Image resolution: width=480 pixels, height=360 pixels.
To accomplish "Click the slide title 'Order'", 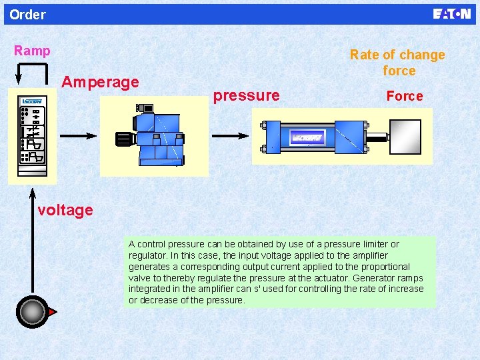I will point(28,15).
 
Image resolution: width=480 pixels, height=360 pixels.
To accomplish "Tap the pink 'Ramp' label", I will point(32,51).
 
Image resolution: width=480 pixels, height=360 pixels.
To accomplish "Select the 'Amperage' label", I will point(100,82).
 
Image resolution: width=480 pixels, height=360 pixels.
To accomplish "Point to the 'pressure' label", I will point(246,95).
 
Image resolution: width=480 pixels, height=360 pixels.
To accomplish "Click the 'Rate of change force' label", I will point(397,63).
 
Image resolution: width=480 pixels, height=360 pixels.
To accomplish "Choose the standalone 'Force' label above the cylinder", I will point(405,96).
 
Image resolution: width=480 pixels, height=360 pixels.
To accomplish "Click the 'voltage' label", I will point(65,211).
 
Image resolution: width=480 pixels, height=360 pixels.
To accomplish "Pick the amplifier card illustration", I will point(32,135).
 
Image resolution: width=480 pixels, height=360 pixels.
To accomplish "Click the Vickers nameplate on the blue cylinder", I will point(307,137).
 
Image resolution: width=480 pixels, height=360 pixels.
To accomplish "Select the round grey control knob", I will point(31,312).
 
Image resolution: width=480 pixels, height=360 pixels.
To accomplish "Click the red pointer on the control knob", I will point(52,312).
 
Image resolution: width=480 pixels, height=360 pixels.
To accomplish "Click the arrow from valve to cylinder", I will point(230,135).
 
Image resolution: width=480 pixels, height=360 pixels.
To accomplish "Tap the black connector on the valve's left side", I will point(123,139).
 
